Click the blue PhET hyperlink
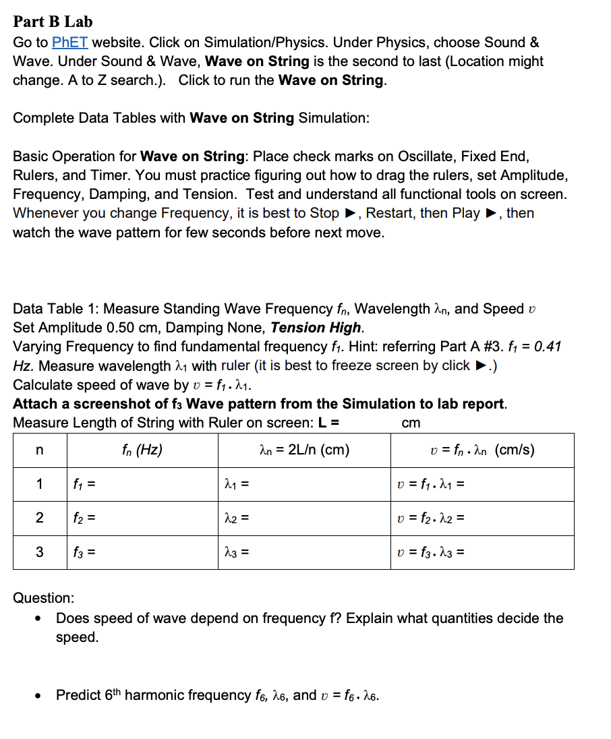click(x=70, y=42)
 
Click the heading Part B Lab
click(x=53, y=21)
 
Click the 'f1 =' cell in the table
click(x=86, y=484)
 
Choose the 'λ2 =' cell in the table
click(x=237, y=518)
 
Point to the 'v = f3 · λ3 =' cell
click(x=431, y=552)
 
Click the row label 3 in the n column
click(x=39, y=552)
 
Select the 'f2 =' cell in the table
click(x=86, y=518)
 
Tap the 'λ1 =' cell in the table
click(x=237, y=484)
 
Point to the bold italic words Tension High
click(x=316, y=328)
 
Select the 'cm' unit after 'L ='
click(x=411, y=423)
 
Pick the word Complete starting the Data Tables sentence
click(x=43, y=118)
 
